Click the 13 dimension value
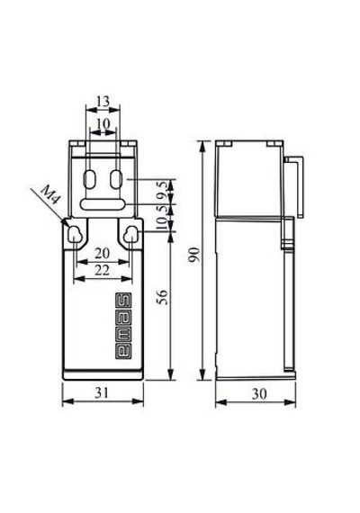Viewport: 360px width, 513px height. click(x=103, y=102)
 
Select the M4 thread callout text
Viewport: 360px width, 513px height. click(x=50, y=194)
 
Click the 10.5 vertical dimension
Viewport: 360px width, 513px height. click(x=165, y=219)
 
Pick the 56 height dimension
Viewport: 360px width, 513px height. click(x=163, y=297)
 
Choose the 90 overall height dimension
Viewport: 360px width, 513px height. click(x=194, y=255)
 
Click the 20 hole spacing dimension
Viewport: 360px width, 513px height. click(x=102, y=253)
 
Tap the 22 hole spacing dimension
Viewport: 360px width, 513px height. click(x=102, y=270)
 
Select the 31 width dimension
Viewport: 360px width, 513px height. click(x=102, y=392)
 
